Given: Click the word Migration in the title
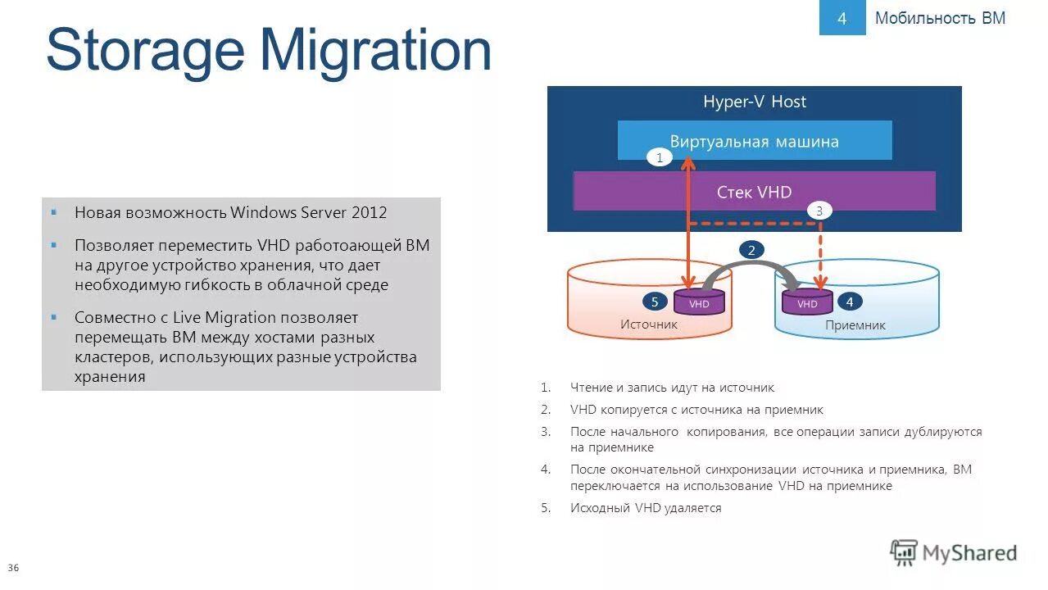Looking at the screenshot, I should click(x=376, y=51).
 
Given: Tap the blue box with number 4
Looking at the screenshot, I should click(x=842, y=18).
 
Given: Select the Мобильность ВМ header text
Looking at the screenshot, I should click(x=940, y=18).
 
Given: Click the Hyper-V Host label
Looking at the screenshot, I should click(x=754, y=102).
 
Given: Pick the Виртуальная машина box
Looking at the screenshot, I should click(x=754, y=141).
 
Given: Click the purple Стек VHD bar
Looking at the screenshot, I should click(x=754, y=192).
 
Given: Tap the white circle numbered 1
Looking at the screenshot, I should click(x=659, y=157).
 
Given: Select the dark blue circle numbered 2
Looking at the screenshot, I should click(x=751, y=250).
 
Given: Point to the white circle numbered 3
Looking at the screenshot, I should click(x=819, y=211).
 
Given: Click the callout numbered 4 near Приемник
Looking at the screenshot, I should click(x=850, y=302).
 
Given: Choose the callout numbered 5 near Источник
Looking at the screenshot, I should click(x=655, y=302).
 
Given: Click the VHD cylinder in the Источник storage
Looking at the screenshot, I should click(x=699, y=302).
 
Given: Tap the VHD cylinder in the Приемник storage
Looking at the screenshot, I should click(x=807, y=302).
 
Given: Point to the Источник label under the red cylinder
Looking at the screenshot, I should click(x=649, y=324).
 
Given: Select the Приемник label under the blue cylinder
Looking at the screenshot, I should click(x=855, y=325).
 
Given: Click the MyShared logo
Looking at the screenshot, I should click(x=954, y=553).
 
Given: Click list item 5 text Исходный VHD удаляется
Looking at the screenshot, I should click(x=646, y=508).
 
